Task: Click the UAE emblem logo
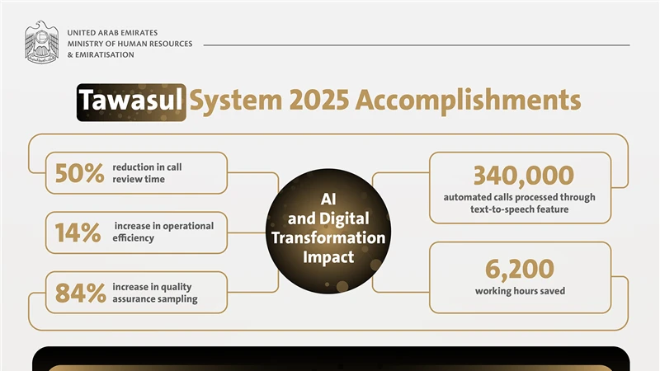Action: tap(41, 43)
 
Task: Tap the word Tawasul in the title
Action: tap(131, 101)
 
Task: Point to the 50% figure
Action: tap(79, 173)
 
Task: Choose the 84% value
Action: tap(80, 293)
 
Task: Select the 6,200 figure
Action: tap(519, 269)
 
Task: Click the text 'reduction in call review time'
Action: tap(147, 173)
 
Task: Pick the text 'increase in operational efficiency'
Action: tap(163, 232)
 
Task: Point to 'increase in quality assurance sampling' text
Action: tap(154, 293)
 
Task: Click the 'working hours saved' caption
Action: tap(519, 291)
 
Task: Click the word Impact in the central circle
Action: tap(328, 257)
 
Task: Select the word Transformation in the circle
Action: tap(328, 237)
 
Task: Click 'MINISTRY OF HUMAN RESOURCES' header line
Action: tap(130, 44)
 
